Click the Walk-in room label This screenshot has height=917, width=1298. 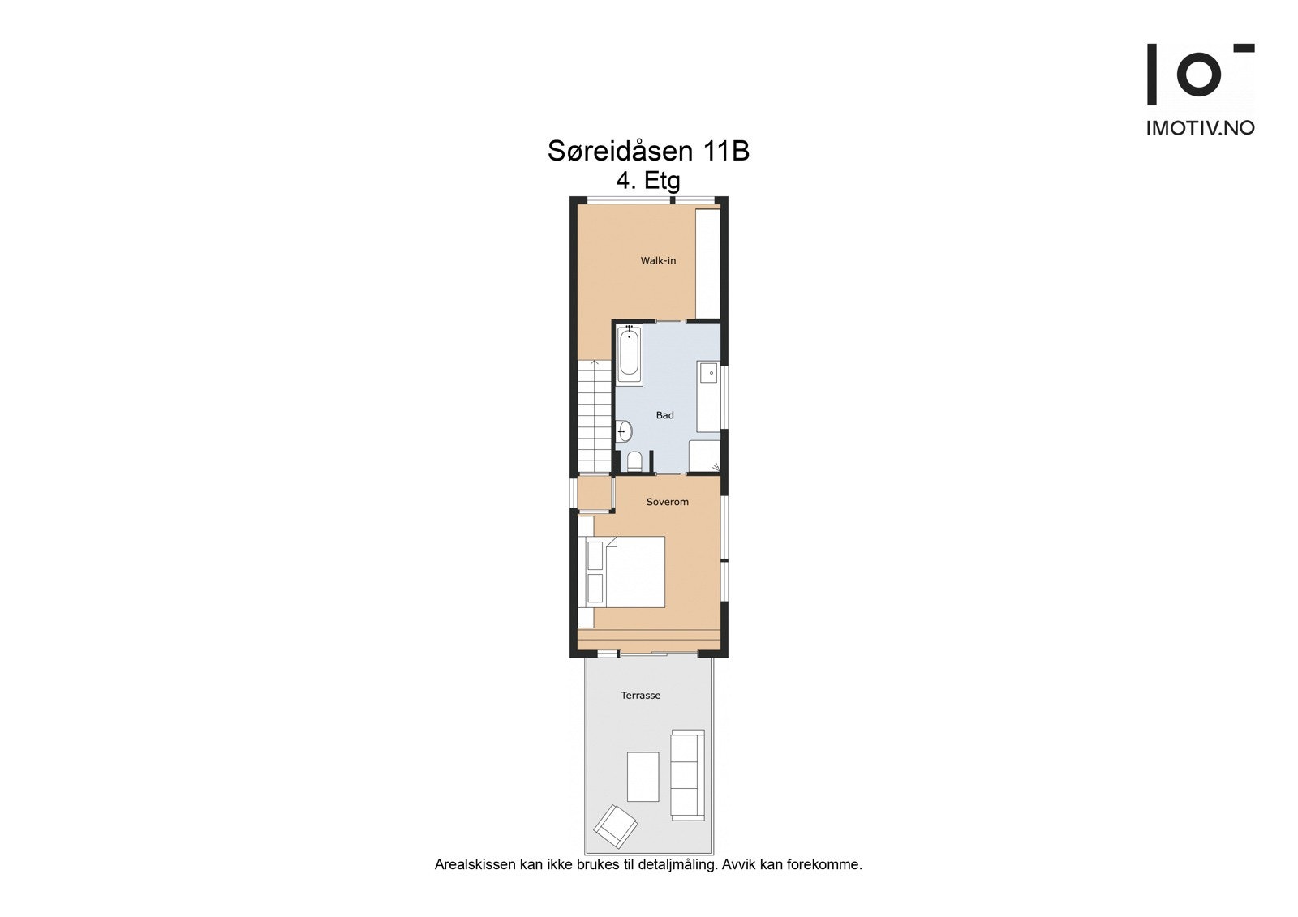point(658,260)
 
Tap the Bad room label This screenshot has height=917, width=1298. point(664,415)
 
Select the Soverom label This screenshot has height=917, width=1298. point(667,502)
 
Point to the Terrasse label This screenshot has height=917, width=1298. point(640,695)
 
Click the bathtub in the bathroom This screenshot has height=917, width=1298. point(629,354)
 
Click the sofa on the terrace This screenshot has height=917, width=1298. point(686,773)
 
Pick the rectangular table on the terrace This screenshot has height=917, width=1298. point(643,777)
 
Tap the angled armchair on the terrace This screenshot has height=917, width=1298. point(615,826)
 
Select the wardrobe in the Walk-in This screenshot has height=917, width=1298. point(708,262)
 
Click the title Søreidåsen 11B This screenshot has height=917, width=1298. point(647,151)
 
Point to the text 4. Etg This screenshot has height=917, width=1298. point(647,180)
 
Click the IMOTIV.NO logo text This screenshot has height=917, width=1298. point(1200,128)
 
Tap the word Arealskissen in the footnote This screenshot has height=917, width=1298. point(475,864)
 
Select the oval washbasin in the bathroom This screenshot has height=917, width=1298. point(625,431)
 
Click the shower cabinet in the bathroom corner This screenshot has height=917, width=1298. point(704,456)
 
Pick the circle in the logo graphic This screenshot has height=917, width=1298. point(1198,74)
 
